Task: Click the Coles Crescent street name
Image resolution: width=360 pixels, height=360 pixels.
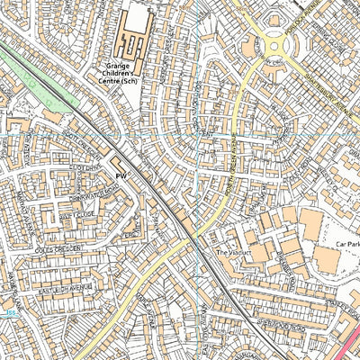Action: point(57,249)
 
